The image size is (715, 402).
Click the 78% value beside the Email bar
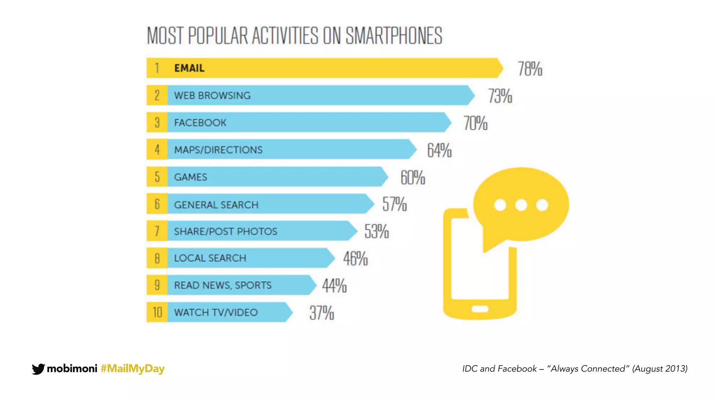(530, 69)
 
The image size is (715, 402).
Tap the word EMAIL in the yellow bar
(189, 68)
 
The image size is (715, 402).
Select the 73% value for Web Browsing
(500, 96)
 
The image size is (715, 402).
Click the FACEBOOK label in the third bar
(200, 123)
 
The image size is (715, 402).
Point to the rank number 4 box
(157, 150)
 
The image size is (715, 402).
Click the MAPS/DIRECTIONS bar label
(218, 150)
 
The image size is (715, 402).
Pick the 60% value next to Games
(412, 178)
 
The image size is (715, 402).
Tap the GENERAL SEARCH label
(216, 205)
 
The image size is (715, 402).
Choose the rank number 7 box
(157, 231)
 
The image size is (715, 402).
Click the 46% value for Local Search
(355, 259)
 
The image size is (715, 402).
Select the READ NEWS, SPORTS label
(223, 285)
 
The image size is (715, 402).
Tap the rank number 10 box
(157, 312)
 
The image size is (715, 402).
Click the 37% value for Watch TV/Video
(322, 313)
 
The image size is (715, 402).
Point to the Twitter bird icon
(38, 369)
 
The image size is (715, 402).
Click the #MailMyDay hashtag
(132, 368)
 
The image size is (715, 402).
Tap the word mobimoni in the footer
(72, 368)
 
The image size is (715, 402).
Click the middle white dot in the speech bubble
(521, 205)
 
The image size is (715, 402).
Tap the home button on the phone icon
(480, 309)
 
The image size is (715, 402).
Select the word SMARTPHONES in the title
(394, 36)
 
